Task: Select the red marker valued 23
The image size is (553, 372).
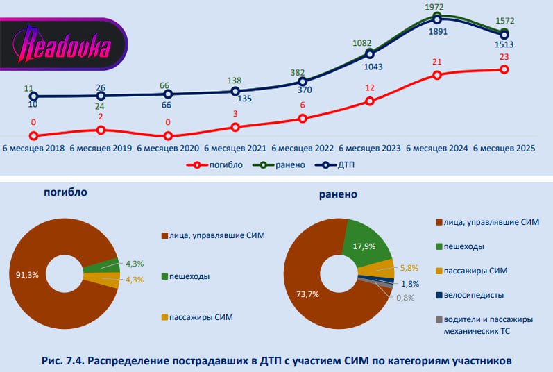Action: pos(504,69)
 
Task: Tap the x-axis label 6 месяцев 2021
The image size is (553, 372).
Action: pos(236,149)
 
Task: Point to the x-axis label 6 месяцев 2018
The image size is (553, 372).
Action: pos(35,149)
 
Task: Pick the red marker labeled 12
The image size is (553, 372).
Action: pos(370,101)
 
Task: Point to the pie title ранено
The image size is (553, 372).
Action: pos(338,194)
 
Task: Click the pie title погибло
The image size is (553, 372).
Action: pos(65,192)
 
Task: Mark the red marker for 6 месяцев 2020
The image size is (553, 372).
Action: pos(169,137)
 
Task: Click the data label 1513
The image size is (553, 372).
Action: pos(504,45)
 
